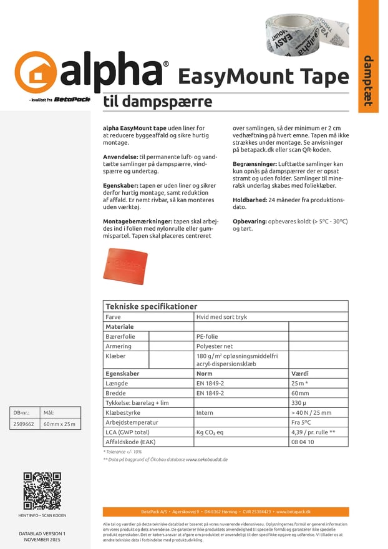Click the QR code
coord(42,491)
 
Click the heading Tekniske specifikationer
coord(152,306)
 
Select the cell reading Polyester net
coord(215,346)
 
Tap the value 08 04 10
coord(303,442)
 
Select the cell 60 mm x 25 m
coord(59,424)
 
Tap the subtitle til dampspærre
coord(158,102)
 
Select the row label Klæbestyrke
coord(123,413)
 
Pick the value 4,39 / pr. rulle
coord(313,432)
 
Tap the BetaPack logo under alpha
coord(72,99)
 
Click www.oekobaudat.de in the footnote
coord(206,459)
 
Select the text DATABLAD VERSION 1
coord(42,534)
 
